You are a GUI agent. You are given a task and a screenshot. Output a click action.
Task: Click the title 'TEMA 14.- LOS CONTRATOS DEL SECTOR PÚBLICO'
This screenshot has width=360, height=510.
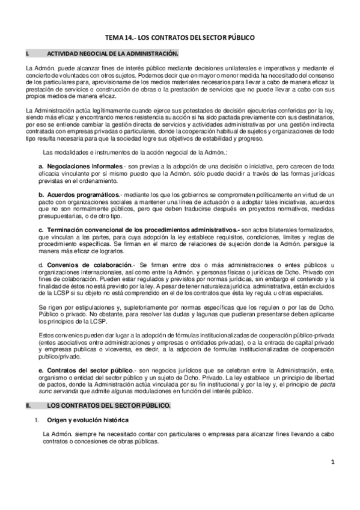click(180, 37)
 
